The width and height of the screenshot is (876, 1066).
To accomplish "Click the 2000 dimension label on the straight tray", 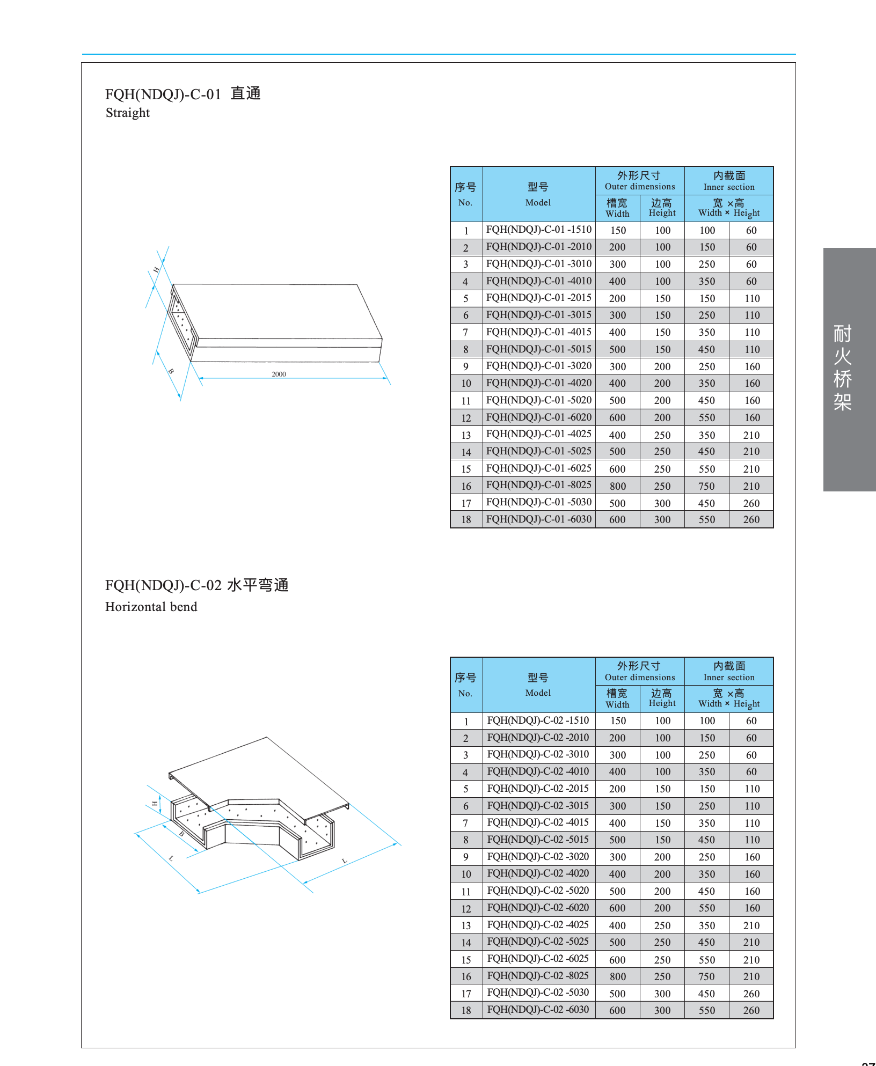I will coord(279,374).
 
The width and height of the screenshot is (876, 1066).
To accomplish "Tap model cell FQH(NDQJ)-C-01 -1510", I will coord(538,230).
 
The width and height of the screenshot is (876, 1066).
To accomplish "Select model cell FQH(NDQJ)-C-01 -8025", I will coord(538,485).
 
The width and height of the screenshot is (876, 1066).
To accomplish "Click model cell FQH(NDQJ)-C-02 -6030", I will coord(538,1010).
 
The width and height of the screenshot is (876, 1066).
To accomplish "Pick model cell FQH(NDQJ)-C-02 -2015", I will coord(538,789).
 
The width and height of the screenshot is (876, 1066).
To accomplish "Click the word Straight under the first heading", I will coord(128,113).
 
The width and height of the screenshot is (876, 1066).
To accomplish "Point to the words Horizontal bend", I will coord(151,607).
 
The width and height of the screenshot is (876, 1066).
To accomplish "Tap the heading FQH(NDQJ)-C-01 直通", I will coord(183,94).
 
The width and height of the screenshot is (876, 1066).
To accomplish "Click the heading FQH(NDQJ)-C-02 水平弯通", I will coord(197,585).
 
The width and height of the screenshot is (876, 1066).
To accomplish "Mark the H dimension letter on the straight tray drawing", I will coord(156,270).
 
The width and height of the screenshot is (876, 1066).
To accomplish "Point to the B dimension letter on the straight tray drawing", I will coord(171,371).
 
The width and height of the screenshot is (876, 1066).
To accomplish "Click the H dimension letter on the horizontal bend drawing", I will coord(155,804).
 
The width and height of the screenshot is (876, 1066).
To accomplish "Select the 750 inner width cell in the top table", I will coord(706,486).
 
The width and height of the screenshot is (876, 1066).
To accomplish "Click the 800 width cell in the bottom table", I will coord(617,976).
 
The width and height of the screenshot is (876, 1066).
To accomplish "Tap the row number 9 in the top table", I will coord(466,366).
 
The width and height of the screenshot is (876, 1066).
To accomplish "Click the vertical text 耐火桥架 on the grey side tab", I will coord(842,367).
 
